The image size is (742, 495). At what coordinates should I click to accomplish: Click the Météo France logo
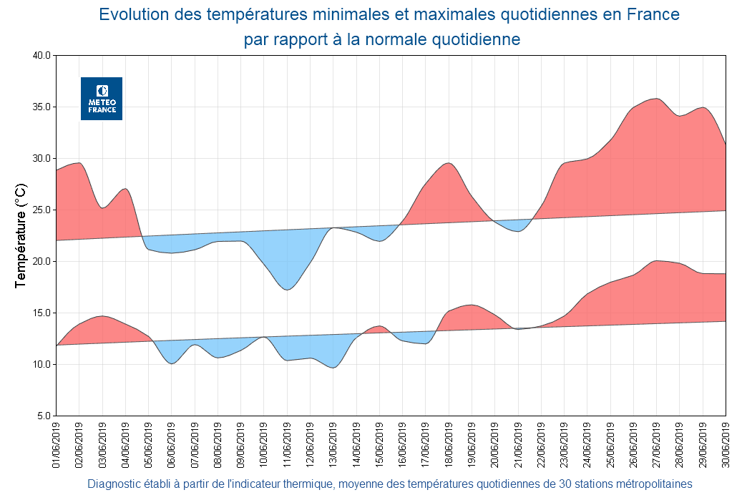102,99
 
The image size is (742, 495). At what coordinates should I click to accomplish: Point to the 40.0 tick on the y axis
42,56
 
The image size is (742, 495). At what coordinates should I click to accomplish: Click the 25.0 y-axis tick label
42,210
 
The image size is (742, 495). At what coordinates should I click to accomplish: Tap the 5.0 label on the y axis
44,416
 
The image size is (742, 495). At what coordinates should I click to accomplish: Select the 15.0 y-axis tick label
42,313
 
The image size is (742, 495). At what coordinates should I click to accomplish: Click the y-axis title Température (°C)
21,235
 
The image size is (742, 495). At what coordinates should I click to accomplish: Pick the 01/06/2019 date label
56,445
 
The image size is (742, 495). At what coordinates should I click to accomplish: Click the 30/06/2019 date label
726,445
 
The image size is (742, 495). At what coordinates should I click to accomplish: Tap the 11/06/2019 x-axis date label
287,445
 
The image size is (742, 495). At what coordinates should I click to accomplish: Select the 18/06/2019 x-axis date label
449,445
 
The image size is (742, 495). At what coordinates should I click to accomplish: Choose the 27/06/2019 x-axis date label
656,445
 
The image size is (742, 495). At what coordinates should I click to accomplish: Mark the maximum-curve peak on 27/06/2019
655,99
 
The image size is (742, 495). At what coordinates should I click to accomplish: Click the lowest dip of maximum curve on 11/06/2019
287,290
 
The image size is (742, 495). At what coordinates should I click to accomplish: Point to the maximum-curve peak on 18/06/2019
449,163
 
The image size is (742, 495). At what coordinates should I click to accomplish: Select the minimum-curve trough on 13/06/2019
333,368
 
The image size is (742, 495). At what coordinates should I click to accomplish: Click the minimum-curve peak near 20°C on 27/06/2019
657,261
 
